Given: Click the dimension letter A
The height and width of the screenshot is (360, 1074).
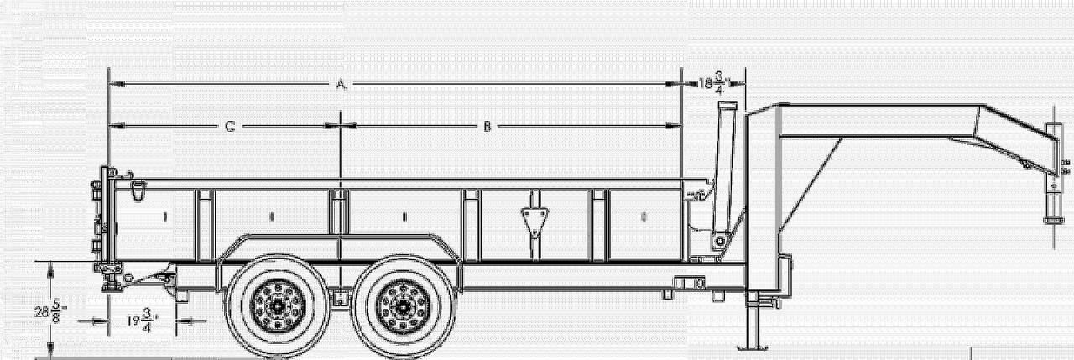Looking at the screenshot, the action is pyautogui.click(x=341, y=86).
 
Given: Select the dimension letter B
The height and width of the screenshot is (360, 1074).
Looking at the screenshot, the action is pyautogui.click(x=487, y=127).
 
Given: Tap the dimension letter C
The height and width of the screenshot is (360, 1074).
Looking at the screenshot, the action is pyautogui.click(x=230, y=127).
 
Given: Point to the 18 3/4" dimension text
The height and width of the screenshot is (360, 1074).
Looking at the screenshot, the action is pyautogui.click(x=714, y=83).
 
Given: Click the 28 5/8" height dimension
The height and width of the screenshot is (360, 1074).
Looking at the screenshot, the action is pyautogui.click(x=50, y=312).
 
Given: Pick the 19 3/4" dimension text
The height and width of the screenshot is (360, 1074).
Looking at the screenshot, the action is pyautogui.click(x=142, y=321).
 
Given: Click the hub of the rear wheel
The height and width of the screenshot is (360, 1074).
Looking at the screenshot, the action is pyautogui.click(x=278, y=305).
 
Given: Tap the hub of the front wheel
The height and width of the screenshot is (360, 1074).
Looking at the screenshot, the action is pyautogui.click(x=404, y=305).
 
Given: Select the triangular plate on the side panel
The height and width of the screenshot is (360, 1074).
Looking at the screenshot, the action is pyautogui.click(x=534, y=222).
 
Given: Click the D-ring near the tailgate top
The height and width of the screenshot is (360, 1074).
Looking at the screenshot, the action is pyautogui.click(x=138, y=190).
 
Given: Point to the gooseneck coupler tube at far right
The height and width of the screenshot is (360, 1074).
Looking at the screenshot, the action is pyautogui.click(x=1053, y=173).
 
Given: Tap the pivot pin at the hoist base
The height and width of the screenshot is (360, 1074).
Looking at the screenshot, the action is pyautogui.click(x=719, y=241).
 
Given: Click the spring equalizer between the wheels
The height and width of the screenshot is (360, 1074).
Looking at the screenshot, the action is pyautogui.click(x=341, y=298).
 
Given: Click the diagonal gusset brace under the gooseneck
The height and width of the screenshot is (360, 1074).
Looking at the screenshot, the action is pyautogui.click(x=811, y=186).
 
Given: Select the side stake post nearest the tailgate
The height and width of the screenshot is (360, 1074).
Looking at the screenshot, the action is pyautogui.click(x=206, y=225).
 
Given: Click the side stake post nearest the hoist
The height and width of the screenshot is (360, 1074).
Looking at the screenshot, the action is pyautogui.click(x=599, y=225).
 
